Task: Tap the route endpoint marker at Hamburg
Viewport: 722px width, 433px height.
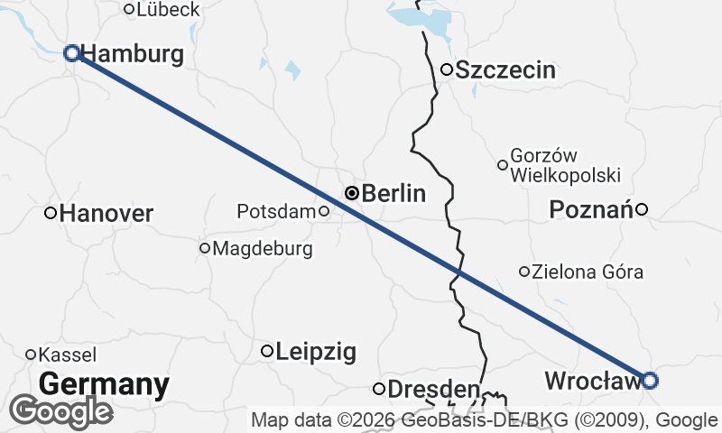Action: tap(72, 53)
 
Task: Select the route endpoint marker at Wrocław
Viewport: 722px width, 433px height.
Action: tap(649, 380)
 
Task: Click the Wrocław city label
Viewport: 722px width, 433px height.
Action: tap(592, 382)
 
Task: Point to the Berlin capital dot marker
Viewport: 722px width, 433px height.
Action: tap(352, 192)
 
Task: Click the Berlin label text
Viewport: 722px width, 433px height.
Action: tap(393, 193)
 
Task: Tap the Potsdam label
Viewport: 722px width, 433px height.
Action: tap(276, 212)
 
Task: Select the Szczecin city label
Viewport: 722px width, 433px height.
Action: tap(505, 70)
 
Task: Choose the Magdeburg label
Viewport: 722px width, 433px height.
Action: tap(263, 248)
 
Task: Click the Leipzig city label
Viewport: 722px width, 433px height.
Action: tap(316, 351)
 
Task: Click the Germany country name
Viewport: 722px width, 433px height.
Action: tap(104, 384)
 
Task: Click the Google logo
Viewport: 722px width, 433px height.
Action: tap(60, 411)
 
